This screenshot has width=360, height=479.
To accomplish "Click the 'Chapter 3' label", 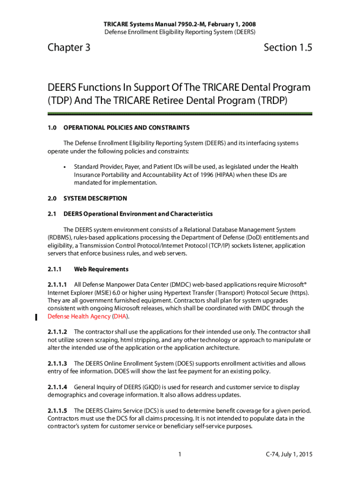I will [69, 47].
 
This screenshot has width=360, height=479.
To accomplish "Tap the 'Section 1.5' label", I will [288, 47].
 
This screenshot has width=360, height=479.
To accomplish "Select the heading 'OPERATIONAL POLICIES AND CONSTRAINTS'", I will [126, 127].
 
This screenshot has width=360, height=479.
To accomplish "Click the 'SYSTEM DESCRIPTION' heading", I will [95, 198].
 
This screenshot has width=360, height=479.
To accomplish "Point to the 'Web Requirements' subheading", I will [101, 269].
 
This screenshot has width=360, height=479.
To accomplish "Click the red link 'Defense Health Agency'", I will [79, 317].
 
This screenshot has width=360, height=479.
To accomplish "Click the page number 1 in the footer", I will [180, 454].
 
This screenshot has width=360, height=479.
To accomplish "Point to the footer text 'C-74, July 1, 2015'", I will [288, 454].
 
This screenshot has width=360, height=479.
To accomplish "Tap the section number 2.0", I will [52, 198].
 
